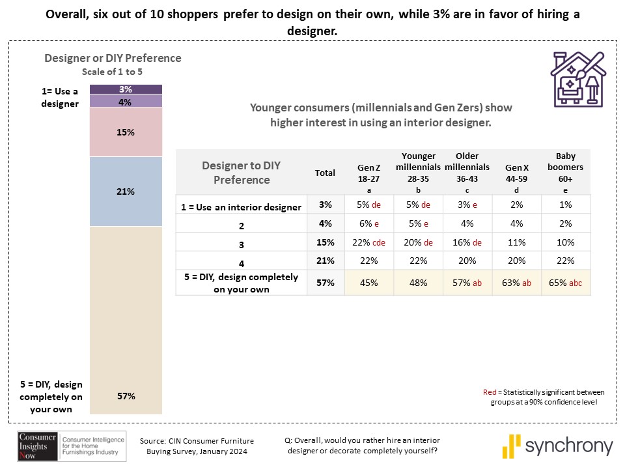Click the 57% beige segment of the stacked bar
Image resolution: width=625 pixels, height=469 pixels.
tap(126, 319)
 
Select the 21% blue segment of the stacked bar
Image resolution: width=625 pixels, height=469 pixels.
tap(126, 192)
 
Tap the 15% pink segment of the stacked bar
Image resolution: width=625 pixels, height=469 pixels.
tap(126, 132)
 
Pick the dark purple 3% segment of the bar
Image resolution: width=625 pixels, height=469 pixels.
tap(126, 89)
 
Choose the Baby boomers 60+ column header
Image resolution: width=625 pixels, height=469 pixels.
tap(566, 173)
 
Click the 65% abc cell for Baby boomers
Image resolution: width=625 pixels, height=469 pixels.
tap(566, 283)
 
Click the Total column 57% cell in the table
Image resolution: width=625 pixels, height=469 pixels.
tap(325, 283)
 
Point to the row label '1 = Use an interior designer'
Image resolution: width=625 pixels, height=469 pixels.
tap(241, 207)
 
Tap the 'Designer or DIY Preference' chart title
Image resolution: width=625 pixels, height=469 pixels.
tap(113, 58)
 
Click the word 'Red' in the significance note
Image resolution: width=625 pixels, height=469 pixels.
tap(490, 392)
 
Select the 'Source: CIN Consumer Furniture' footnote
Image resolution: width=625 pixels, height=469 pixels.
tap(197, 441)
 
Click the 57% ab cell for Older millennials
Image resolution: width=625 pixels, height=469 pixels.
tap(467, 283)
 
